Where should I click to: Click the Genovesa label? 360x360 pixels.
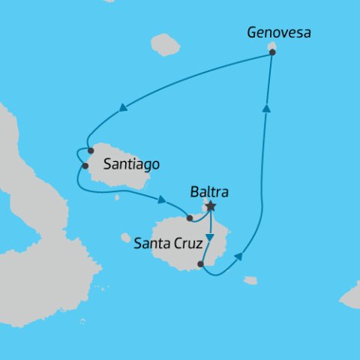(278, 33)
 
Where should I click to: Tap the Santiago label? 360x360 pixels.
(132, 163)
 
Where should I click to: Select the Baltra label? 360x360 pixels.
(211, 190)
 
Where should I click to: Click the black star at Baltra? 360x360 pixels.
(211, 205)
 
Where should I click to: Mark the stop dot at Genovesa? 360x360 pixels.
(271, 52)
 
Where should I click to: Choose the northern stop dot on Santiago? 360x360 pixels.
(91, 151)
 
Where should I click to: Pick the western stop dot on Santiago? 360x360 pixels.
(85, 166)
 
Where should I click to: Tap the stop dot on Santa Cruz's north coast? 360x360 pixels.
(189, 218)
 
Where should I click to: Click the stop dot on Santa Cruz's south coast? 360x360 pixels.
(200, 264)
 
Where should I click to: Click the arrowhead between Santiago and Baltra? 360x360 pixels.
(161, 199)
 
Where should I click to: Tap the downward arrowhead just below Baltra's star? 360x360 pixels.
(211, 238)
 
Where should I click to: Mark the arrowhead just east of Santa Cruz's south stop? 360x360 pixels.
(238, 256)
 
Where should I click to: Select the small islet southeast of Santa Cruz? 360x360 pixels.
(250, 280)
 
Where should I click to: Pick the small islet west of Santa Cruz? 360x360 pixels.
(125, 238)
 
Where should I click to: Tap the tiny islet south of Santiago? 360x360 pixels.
(116, 198)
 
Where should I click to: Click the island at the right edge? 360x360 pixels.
(350, 296)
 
